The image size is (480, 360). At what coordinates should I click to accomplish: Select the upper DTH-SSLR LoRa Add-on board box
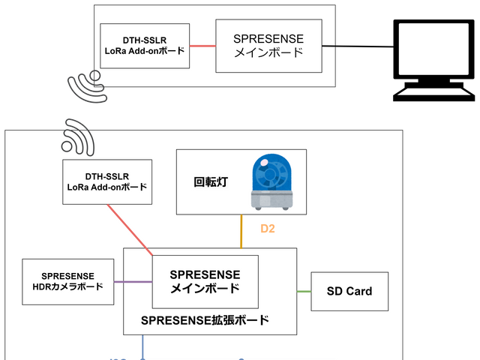(x=145, y=46)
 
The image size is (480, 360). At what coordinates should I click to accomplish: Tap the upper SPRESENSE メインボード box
(x=268, y=46)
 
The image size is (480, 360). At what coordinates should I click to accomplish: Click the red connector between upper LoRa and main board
(x=202, y=46)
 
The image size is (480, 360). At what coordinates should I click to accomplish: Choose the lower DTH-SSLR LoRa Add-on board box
(x=107, y=181)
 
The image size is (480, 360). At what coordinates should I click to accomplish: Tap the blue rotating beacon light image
(x=271, y=181)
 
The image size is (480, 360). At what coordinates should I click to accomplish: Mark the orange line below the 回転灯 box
(x=241, y=231)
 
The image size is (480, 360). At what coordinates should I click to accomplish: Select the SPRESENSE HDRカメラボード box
(x=68, y=282)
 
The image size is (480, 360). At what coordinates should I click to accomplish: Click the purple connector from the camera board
(x=133, y=282)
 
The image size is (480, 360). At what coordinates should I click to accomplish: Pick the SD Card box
(x=349, y=291)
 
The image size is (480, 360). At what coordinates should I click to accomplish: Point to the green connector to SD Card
(x=304, y=291)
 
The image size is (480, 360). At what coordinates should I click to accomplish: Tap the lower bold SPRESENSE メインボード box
(x=205, y=281)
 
